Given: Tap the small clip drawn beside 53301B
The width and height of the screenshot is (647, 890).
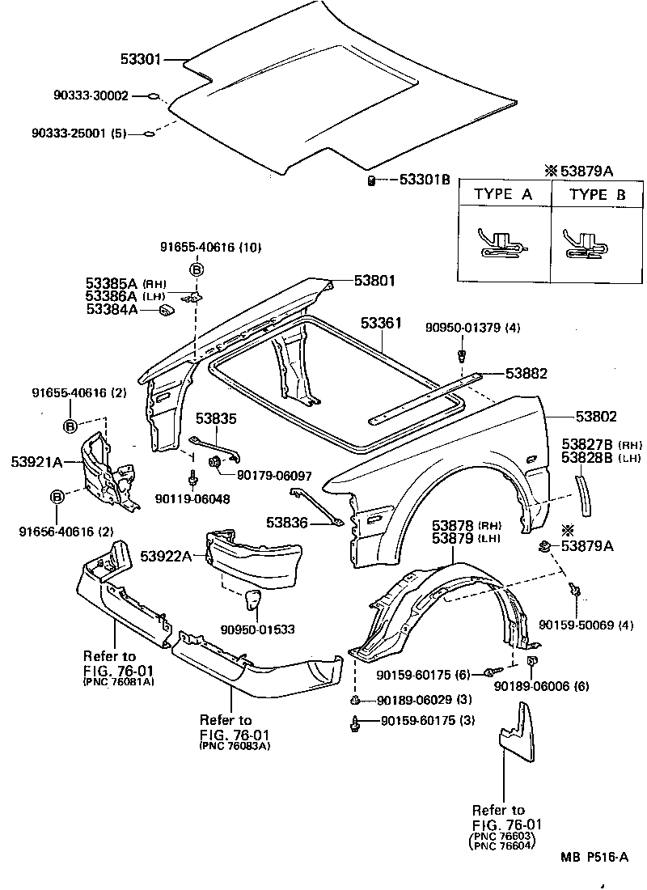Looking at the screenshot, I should tap(370, 180).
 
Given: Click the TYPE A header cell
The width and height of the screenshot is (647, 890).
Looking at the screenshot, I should tap(503, 194).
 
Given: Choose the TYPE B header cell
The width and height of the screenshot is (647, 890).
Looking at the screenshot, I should tap(598, 194).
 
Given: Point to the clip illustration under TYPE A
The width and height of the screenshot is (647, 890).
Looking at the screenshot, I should tap(502, 241).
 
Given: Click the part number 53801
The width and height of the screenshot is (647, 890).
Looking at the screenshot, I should tap(374, 281).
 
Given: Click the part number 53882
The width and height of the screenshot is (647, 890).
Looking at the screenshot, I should tap(526, 374).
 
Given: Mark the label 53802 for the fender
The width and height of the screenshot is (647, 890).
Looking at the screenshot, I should tap(596, 417).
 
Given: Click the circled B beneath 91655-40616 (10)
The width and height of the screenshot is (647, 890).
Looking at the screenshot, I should tap(196, 270).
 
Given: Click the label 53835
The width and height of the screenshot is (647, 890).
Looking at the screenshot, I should tap(217, 418).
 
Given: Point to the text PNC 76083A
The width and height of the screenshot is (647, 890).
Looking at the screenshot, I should tap(235, 745).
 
